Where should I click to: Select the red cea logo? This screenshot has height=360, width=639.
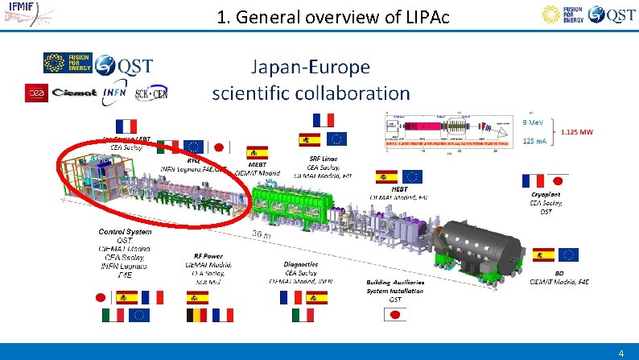(x=37, y=92)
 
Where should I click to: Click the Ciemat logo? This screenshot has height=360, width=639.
(x=74, y=93)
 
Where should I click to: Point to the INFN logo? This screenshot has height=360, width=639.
(x=117, y=93)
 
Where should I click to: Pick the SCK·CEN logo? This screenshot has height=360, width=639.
(x=152, y=93)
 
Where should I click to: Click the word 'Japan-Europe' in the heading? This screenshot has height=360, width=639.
(x=311, y=67)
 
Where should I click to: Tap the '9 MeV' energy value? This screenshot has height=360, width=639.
(x=533, y=122)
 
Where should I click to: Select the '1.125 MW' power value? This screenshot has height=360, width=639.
(x=577, y=131)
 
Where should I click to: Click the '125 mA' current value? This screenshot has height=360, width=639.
(x=534, y=141)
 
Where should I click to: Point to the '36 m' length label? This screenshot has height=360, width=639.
(x=262, y=234)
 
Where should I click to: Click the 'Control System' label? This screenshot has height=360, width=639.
(x=125, y=232)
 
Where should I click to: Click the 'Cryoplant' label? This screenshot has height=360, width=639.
(x=546, y=194)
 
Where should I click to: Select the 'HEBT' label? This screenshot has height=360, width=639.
(x=400, y=188)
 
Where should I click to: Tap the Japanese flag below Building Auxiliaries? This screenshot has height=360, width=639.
(x=394, y=315)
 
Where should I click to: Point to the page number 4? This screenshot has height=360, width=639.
(x=620, y=353)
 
